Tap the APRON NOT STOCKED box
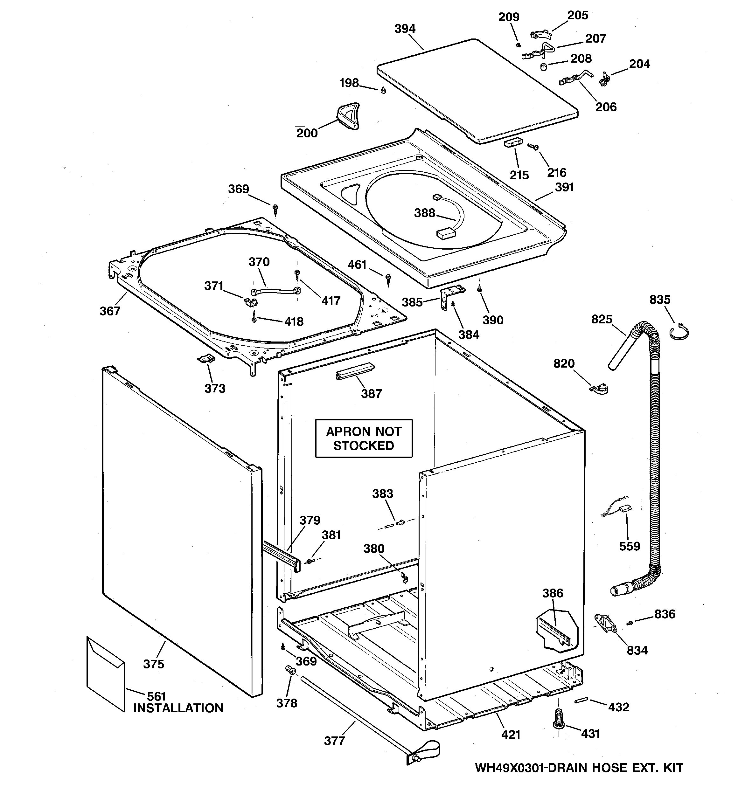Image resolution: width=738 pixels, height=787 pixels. click(x=364, y=438)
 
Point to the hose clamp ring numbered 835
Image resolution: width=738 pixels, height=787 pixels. click(x=679, y=331)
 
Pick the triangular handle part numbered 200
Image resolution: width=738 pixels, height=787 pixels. click(x=349, y=116)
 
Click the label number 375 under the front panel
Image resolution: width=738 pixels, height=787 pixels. click(x=153, y=664)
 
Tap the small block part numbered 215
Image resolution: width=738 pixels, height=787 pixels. click(x=513, y=143)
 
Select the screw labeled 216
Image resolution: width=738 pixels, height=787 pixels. click(x=533, y=147)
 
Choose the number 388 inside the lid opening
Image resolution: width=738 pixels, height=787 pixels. click(x=424, y=213)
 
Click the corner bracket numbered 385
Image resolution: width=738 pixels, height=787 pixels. click(x=450, y=298)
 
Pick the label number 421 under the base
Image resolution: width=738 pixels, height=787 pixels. click(x=510, y=734)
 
